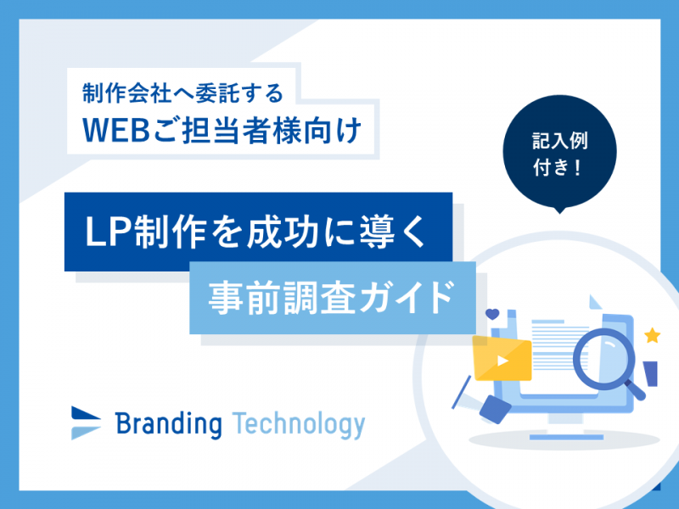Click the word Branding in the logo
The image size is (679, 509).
point(168,424)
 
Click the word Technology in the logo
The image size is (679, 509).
point(299,425)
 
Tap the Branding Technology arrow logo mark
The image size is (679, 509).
point(86,422)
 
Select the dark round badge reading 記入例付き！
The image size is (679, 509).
point(559,153)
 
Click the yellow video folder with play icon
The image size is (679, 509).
point(502,358)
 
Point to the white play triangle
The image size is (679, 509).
point(502,361)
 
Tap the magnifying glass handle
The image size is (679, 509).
point(634,389)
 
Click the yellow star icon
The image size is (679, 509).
point(652,335)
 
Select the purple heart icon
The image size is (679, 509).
point(492,314)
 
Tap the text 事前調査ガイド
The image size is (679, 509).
point(331,298)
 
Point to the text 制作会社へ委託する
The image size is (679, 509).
point(182,92)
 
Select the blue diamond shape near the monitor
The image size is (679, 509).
point(496,409)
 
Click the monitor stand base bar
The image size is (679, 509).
point(566,437)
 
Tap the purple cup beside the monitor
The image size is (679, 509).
point(651,373)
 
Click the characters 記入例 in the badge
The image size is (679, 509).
point(560,141)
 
